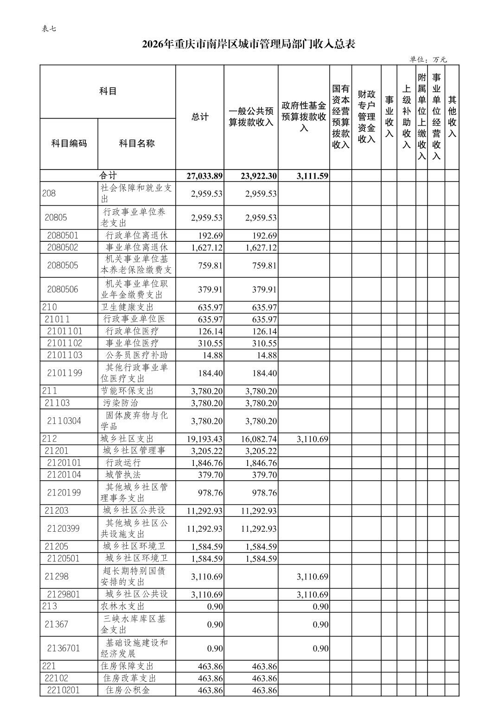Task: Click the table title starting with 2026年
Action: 249,44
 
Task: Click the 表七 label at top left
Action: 49,29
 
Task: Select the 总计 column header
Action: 200,117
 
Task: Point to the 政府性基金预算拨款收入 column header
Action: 304,117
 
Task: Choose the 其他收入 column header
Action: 452,117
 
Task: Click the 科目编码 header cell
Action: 69,144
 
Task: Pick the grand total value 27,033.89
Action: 204,176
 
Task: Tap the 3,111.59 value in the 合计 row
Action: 310,176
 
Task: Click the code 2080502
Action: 63,247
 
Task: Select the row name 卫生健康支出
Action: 127,307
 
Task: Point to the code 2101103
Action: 64,355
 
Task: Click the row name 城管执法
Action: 123,475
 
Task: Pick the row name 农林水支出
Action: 122,606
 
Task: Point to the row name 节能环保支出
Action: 127,391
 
